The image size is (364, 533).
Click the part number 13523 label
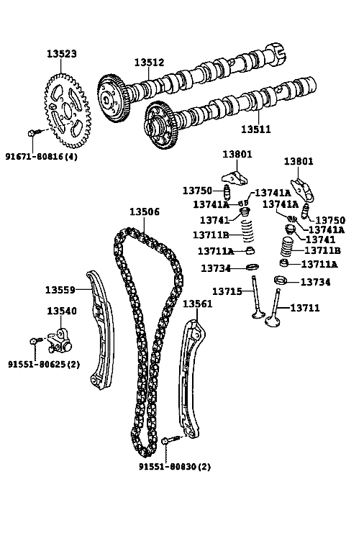pos(62,54)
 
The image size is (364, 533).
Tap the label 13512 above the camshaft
pos(149,63)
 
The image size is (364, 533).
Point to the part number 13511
pos(256,129)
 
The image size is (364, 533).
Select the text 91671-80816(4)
pos(42,157)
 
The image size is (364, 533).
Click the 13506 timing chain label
pos(145,212)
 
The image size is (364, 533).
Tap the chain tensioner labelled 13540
pos(60,342)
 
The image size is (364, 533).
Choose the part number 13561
pos(197,304)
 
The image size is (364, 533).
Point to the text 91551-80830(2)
pos(175,467)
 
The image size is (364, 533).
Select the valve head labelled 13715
pos(259,314)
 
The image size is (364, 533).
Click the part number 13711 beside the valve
pos(305,308)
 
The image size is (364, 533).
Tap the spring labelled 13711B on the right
pos(287,247)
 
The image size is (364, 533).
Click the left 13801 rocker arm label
pos(237,155)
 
